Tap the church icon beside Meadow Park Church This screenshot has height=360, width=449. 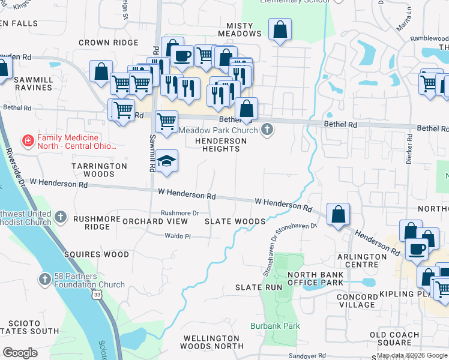coord(268,130)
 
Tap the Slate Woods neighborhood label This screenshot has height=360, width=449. coord(235,221)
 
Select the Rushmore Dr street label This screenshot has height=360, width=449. coord(179,213)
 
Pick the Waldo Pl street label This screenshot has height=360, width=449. coord(178,236)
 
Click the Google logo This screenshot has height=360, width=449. coord(20,352)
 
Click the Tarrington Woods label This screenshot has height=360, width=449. coord(100,170)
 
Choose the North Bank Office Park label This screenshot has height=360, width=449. coord(315,278)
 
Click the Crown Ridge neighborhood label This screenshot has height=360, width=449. coord(109,43)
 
